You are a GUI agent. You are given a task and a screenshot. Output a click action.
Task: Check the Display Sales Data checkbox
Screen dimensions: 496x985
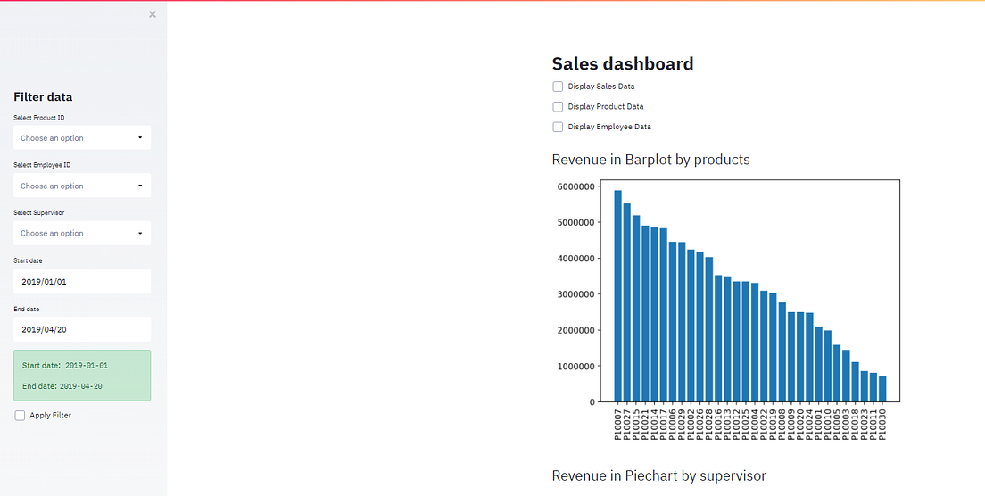(558, 87)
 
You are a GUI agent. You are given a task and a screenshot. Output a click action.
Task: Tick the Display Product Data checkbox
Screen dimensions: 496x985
(558, 107)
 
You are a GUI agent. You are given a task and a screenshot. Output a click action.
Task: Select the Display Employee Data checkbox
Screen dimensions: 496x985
(558, 127)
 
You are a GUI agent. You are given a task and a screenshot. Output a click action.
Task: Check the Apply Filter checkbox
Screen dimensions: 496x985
(21, 416)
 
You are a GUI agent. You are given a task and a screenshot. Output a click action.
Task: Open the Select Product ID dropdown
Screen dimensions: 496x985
(82, 138)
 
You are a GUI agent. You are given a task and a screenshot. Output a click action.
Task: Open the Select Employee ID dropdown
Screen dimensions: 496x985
(82, 186)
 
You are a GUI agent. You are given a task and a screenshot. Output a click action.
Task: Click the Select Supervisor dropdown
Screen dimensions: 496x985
(82, 234)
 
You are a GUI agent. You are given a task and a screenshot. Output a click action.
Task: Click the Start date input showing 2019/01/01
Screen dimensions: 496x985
(82, 282)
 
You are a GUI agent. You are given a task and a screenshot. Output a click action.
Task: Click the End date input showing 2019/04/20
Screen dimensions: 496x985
(82, 329)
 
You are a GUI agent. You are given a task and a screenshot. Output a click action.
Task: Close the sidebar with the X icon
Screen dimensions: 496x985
(153, 14)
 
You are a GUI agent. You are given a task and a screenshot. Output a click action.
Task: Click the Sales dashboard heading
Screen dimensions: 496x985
(622, 63)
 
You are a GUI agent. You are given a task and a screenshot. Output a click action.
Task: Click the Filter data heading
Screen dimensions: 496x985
(43, 97)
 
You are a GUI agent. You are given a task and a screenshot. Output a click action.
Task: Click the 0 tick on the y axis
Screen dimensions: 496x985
(591, 402)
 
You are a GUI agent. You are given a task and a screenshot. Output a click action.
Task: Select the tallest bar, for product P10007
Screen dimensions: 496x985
(617, 296)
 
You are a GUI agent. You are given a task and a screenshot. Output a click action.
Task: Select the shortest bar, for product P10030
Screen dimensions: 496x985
(882, 389)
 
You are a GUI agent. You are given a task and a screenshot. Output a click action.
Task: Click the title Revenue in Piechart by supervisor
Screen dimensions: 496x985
(658, 475)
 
